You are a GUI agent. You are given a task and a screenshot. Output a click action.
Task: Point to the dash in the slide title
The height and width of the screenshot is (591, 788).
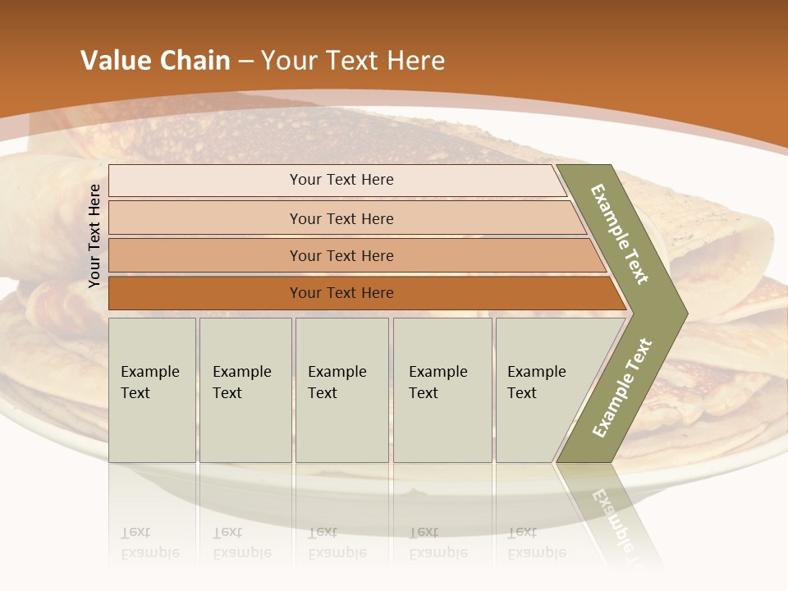(245, 62)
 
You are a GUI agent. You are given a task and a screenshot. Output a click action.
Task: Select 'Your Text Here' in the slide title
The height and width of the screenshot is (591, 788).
(353, 61)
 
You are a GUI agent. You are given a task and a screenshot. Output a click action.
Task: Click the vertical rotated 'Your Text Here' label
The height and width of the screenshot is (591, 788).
(94, 236)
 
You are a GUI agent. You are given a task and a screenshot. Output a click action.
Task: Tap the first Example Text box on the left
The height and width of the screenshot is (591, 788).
(152, 390)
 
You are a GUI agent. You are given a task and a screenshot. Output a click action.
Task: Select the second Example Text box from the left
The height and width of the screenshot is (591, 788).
(245, 390)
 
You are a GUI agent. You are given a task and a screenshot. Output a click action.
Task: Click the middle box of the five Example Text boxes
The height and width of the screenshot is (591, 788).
(341, 390)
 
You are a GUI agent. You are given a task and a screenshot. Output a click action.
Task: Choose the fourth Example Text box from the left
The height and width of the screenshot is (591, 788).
(442, 390)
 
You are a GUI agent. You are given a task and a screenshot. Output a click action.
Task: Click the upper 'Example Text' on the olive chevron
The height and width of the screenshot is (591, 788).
(620, 234)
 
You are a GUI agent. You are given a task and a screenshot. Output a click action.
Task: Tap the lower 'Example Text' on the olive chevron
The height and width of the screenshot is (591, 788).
(622, 387)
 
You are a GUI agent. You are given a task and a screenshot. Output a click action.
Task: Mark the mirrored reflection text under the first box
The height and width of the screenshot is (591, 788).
(150, 543)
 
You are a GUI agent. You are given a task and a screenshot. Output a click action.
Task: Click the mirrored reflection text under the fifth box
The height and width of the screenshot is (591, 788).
(537, 543)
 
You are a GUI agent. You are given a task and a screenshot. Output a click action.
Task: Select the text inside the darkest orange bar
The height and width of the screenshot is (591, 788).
(341, 293)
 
